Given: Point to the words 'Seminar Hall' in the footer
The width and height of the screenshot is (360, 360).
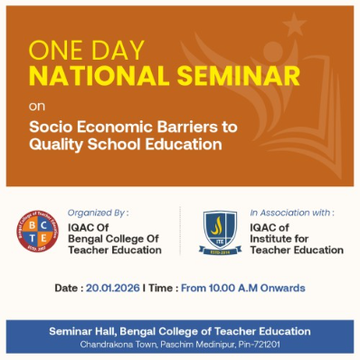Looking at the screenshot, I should coord(82,332).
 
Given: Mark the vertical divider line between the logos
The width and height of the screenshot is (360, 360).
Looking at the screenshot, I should coord(180,232).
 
